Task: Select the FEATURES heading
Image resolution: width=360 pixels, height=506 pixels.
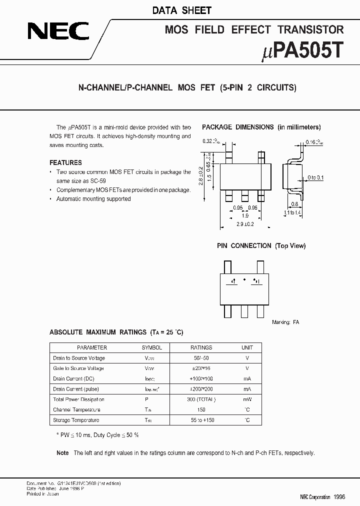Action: click(x=65, y=162)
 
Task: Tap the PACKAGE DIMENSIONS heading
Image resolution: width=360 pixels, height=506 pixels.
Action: click(x=238, y=127)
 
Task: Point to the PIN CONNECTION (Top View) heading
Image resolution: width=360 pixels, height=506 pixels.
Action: click(x=261, y=245)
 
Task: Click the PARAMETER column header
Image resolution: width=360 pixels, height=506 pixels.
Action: click(x=91, y=347)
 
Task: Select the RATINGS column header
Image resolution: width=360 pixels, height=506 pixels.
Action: click(x=201, y=347)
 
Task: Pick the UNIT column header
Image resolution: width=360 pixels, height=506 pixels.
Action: click(x=247, y=347)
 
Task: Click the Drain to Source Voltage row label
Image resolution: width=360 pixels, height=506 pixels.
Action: click(x=79, y=358)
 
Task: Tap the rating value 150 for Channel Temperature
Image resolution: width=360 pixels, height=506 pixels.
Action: click(x=201, y=409)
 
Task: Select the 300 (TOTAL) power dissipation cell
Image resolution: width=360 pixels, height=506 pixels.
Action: click(x=201, y=399)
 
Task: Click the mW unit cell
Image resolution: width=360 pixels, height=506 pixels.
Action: click(x=247, y=399)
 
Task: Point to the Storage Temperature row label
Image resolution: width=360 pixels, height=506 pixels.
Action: click(x=76, y=420)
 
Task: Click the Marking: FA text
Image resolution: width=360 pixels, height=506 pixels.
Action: click(x=285, y=322)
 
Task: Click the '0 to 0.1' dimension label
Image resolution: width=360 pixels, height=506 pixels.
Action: click(x=315, y=177)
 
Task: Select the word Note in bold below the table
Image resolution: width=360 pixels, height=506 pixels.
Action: click(x=62, y=453)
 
